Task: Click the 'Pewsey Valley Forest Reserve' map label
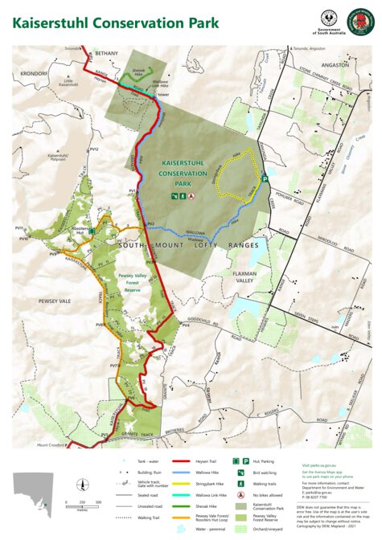130,282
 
